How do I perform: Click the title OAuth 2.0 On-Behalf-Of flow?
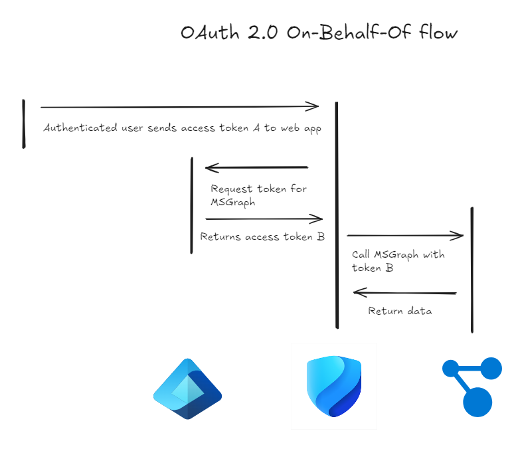tap(319, 33)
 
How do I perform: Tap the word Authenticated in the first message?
tap(72, 128)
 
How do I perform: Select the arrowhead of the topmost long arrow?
tap(313, 106)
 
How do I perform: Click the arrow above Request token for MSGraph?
tap(256, 167)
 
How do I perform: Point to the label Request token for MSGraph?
tap(258, 195)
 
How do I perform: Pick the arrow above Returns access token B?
tap(264, 219)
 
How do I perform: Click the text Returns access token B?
tap(262, 236)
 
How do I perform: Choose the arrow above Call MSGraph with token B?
tap(404, 235)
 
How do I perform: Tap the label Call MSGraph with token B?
tap(398, 261)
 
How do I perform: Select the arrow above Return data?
tap(404, 292)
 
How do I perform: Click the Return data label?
tap(400, 311)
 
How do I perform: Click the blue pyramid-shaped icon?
tap(187, 389)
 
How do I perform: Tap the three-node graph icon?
tap(472, 387)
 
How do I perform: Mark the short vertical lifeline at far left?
tap(24, 124)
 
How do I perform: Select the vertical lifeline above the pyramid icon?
tap(192, 205)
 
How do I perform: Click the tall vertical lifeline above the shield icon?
tap(337, 215)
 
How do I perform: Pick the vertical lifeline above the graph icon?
tap(472, 270)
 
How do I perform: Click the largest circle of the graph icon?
tap(477, 402)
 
